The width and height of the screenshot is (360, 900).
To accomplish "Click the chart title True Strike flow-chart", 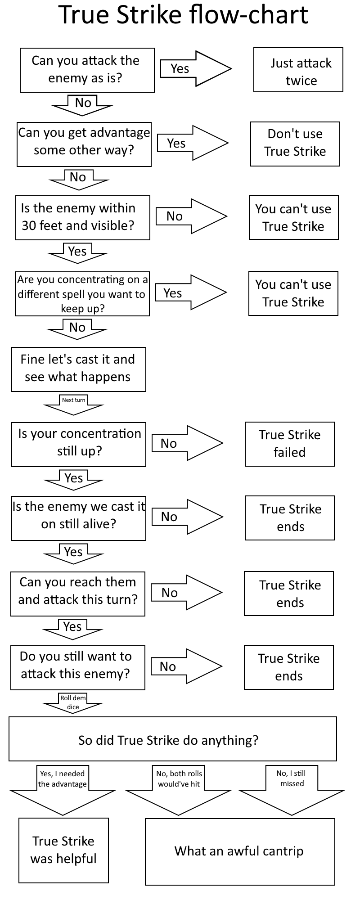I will tap(183, 15).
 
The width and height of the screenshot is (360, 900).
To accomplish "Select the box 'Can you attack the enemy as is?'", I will tap(87, 70).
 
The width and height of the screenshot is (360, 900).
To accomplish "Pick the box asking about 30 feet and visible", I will tap(83, 218).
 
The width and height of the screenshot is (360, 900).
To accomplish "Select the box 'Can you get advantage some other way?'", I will tap(84, 144).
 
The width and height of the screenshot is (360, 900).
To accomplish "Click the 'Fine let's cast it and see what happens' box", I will tap(79, 369).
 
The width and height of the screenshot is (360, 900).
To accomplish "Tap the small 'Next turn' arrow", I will tap(73, 405).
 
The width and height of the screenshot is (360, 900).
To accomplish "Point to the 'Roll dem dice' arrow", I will tap(73, 703).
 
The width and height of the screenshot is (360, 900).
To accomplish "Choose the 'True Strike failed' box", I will tap(290, 444).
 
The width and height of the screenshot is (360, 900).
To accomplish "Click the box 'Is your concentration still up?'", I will tap(79, 445).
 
